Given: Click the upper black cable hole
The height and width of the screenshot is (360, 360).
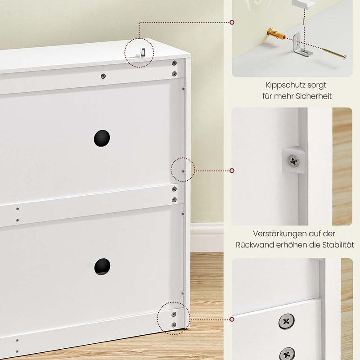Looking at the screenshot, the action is click(x=102, y=138).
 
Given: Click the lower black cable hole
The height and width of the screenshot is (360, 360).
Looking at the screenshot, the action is click(x=102, y=266).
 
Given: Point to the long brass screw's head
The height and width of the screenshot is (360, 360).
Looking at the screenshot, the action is click(x=344, y=57).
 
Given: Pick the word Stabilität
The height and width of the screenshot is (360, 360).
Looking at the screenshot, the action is click(x=338, y=245).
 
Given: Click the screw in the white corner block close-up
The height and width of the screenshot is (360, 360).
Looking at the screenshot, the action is click(x=293, y=161).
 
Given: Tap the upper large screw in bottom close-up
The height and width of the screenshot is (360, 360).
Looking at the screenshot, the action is click(x=287, y=321).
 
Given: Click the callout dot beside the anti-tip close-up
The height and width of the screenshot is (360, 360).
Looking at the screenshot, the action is click(x=232, y=22).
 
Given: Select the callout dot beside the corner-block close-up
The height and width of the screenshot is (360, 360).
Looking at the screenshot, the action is click(x=232, y=171).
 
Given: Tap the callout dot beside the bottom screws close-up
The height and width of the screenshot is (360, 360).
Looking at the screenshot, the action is click(x=232, y=319).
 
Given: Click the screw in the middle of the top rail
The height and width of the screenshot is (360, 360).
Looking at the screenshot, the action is click(x=103, y=76).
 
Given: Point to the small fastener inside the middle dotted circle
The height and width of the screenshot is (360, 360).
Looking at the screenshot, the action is click(x=183, y=171).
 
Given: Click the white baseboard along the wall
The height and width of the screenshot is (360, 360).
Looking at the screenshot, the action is click(x=207, y=237).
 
